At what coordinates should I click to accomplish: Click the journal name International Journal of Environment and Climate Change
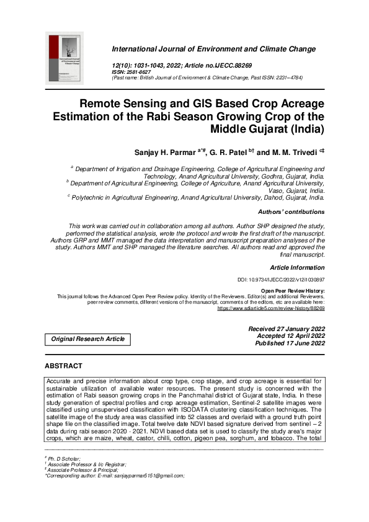(x=218, y=48)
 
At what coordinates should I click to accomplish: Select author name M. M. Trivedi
(x=300, y=152)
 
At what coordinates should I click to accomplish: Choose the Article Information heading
(x=297, y=268)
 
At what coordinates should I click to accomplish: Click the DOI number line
(x=282, y=280)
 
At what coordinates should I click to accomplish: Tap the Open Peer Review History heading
(x=292, y=290)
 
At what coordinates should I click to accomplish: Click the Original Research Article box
(x=87, y=339)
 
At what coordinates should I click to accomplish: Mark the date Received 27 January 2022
(x=286, y=329)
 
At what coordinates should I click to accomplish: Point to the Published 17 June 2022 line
(x=286, y=343)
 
